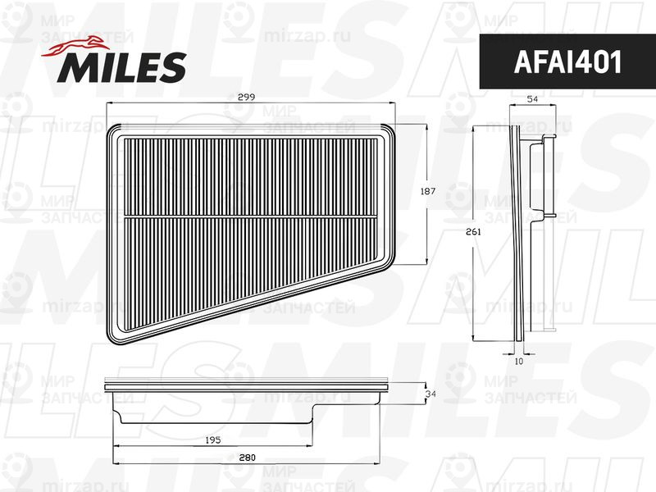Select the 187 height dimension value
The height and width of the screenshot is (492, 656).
pos(426,191)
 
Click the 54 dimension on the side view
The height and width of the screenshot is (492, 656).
pos(531,98)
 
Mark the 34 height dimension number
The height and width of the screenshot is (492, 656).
pos(430,394)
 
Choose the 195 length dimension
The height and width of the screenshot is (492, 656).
pos(212,440)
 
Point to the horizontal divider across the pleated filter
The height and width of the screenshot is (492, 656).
pos(254,216)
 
